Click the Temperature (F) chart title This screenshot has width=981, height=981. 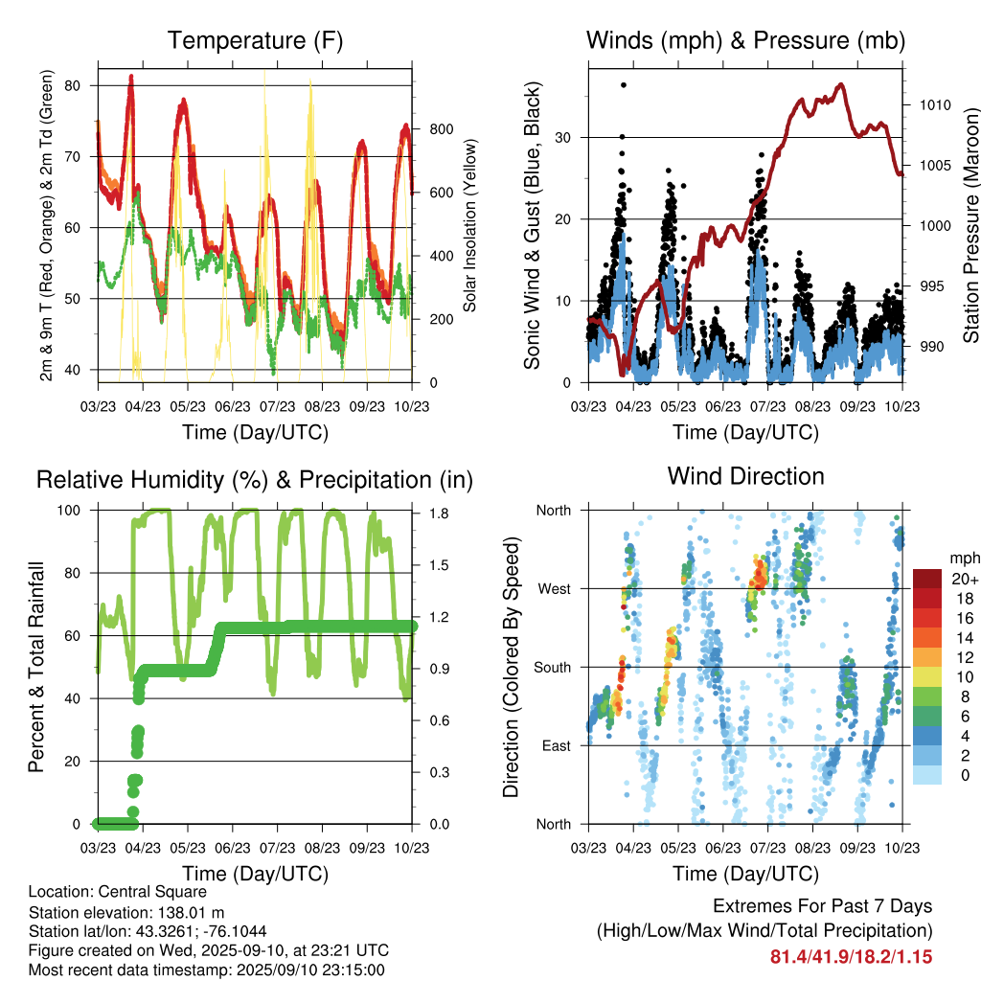click(x=255, y=41)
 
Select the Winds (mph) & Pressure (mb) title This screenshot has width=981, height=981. click(x=745, y=41)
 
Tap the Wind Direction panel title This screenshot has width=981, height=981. click(x=745, y=476)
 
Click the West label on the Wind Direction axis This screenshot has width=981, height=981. click(x=553, y=589)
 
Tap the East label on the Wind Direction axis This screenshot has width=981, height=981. click(x=554, y=746)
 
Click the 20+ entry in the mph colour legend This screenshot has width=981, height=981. click(x=963, y=579)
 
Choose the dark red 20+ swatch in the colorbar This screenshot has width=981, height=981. click(x=927, y=579)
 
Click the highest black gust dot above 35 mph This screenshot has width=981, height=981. click(x=624, y=85)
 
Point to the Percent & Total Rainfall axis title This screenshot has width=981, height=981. click(x=36, y=668)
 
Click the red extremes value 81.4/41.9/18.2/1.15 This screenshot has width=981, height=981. click(x=851, y=956)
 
